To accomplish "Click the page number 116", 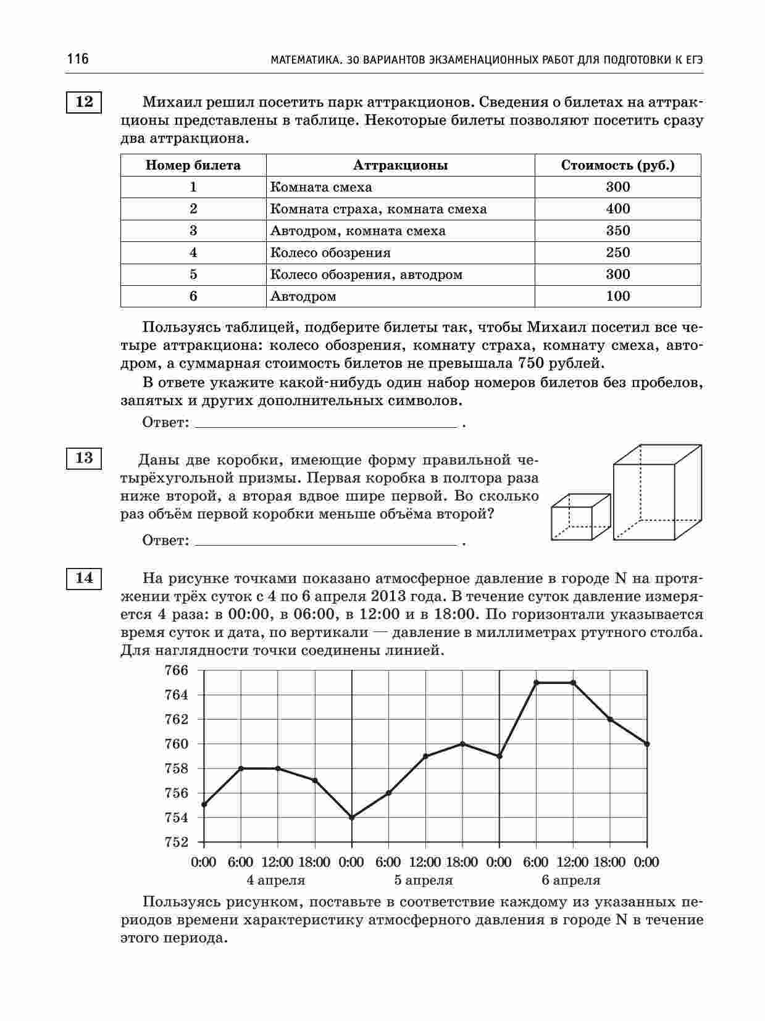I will (x=78, y=59).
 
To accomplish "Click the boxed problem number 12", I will (x=84, y=102).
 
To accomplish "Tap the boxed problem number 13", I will (x=84, y=458).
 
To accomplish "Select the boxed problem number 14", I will (x=84, y=578).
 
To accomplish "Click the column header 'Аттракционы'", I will (x=400, y=165).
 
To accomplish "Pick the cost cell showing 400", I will (x=617, y=209).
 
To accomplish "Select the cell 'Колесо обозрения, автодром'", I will (x=366, y=275).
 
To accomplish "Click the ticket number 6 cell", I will (x=193, y=296).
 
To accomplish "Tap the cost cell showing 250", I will (x=617, y=252).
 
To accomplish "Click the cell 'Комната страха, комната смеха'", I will (x=378, y=209).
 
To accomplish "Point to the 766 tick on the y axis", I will (x=176, y=670).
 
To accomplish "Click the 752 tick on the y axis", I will (x=176, y=842).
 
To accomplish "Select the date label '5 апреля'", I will (x=424, y=880).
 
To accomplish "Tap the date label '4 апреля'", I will (x=276, y=880).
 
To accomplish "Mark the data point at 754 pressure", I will (x=352, y=817).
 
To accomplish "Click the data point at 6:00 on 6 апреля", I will (x=536, y=683).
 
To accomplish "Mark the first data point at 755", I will (x=204, y=804).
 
